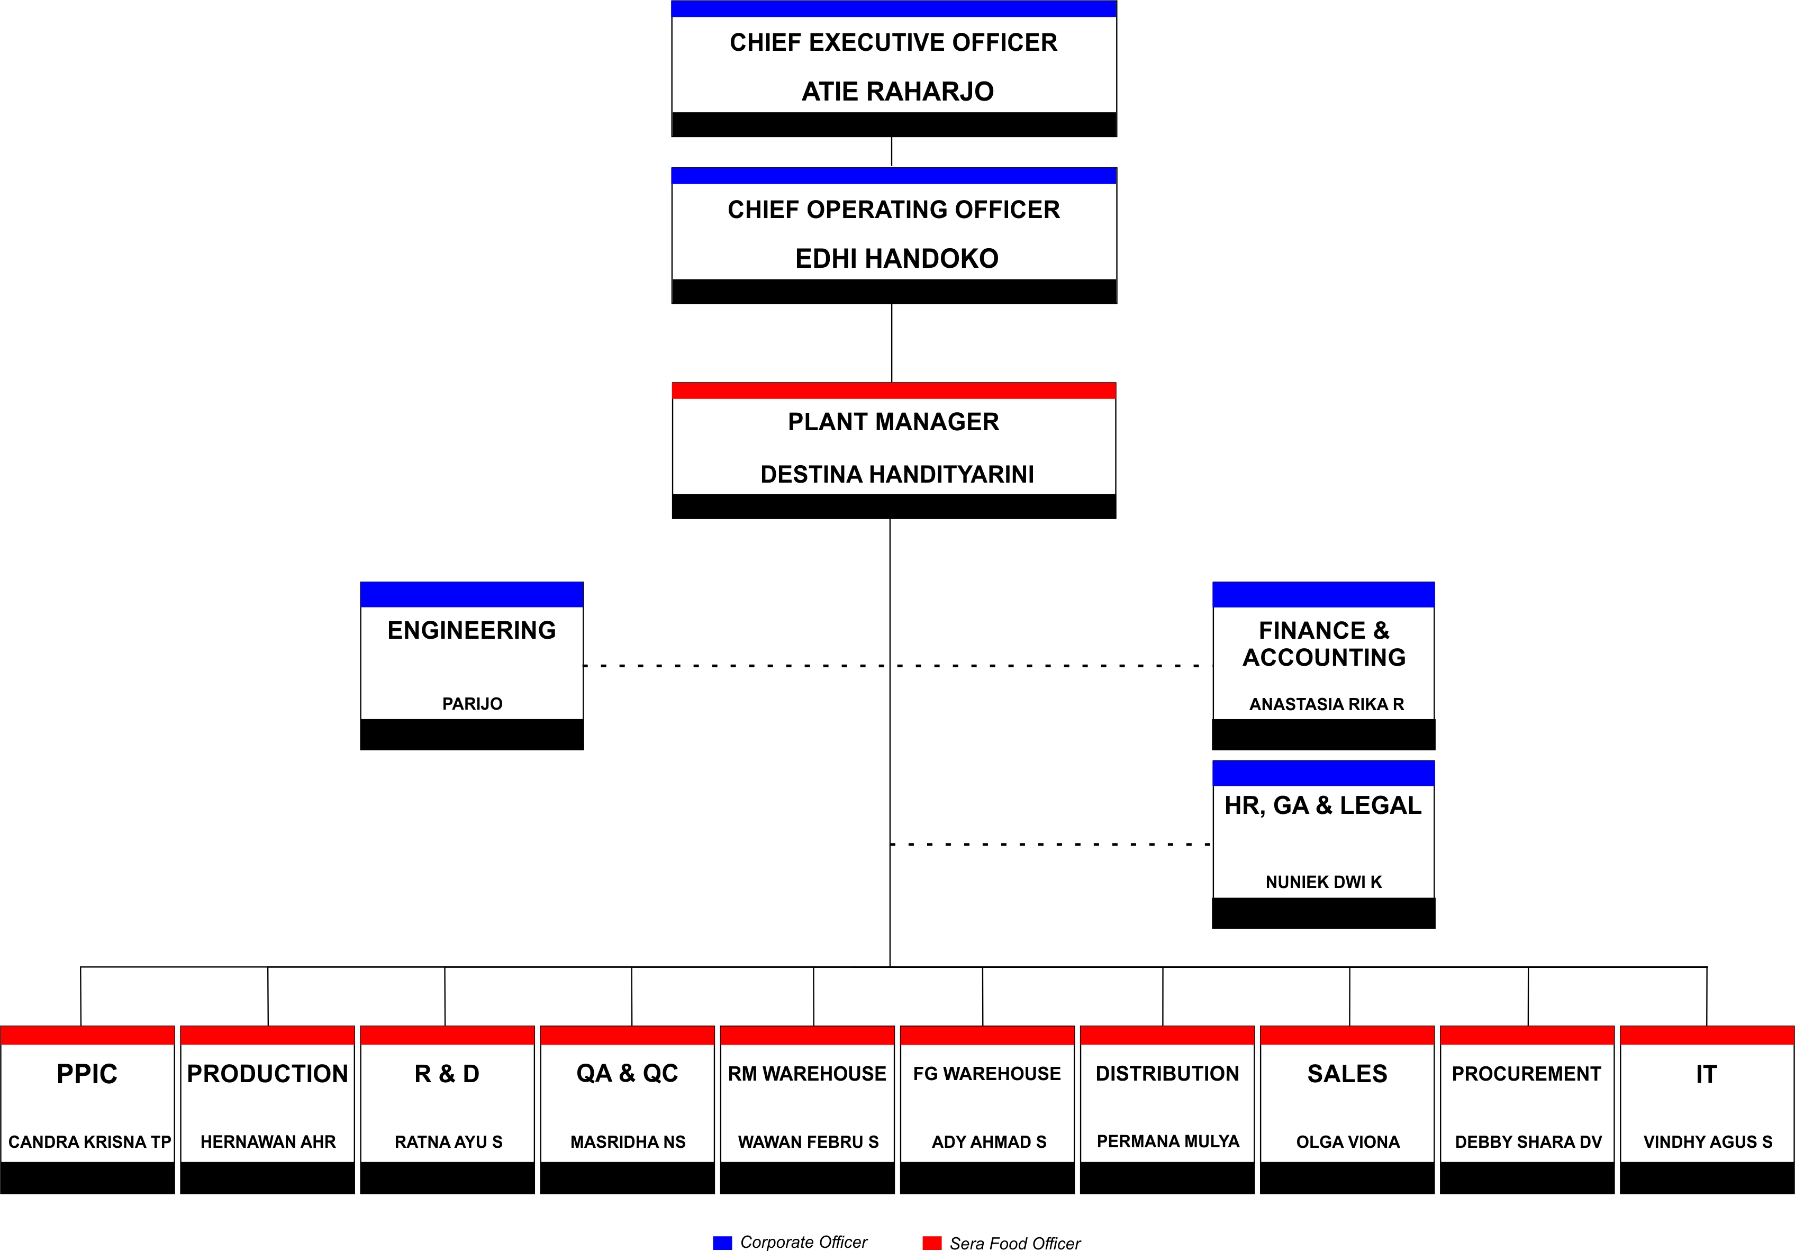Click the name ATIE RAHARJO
897,92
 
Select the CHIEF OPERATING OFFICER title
894,210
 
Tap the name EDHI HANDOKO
897,259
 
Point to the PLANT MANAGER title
894,422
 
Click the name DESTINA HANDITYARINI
897,475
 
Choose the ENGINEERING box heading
472,630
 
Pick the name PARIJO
472,704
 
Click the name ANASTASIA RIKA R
1327,704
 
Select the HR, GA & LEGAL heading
1323,805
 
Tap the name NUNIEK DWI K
1323,882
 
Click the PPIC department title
87,1074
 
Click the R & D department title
447,1074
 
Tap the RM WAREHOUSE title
807,1074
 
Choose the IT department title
1706,1074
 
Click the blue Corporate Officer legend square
722,1243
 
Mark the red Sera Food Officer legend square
932,1243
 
